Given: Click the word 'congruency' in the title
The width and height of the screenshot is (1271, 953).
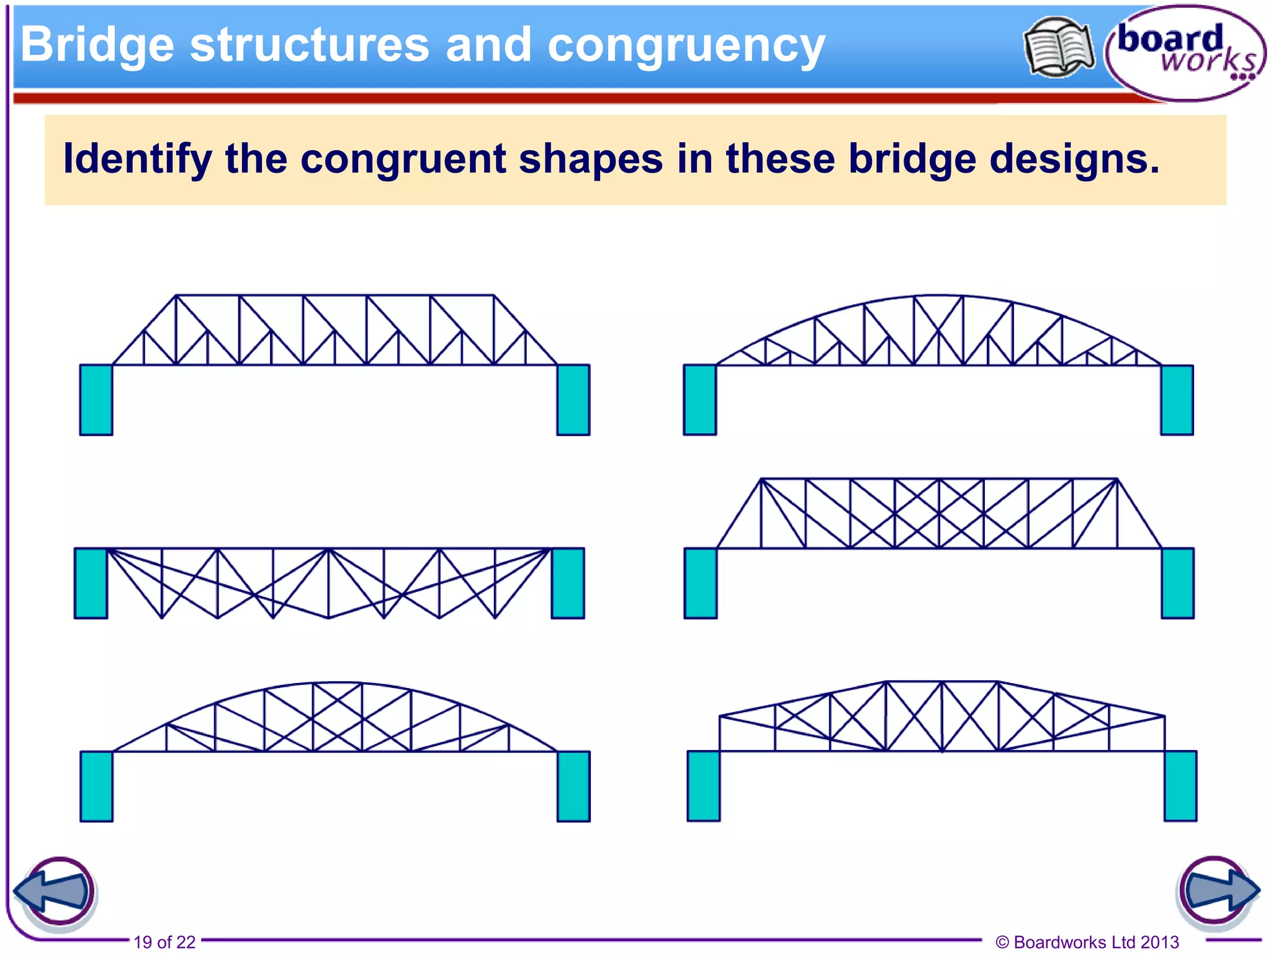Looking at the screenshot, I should [x=686, y=46].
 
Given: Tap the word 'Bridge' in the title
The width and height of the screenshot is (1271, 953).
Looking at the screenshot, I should [x=97, y=46].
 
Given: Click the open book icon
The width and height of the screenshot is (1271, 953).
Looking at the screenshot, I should [x=1059, y=47].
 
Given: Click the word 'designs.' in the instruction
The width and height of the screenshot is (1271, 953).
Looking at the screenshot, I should [x=1074, y=159].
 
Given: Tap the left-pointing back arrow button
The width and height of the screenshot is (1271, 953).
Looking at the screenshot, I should [x=56, y=892].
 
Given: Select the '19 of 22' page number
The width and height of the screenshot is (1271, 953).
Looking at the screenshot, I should [x=164, y=942].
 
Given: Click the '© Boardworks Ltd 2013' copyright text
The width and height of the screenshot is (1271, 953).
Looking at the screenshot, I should [x=1087, y=942].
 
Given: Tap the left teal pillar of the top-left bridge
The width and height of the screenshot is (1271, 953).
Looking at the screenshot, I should [x=96, y=400].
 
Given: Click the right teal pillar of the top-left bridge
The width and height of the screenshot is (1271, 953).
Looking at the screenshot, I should [x=573, y=400].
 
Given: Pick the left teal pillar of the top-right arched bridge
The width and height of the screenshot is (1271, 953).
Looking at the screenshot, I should [x=700, y=400].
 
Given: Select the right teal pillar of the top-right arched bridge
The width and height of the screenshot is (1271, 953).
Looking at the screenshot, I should [x=1177, y=400].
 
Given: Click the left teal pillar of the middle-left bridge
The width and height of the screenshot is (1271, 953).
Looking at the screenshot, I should [x=91, y=583].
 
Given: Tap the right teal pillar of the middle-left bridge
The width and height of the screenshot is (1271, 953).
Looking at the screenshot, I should [x=568, y=583].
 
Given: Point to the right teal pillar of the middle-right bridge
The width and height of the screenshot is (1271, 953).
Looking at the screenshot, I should [x=1178, y=583].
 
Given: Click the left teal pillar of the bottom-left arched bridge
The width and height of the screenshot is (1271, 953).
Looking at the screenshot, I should [x=96, y=786].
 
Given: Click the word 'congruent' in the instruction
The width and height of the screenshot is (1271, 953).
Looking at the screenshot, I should [x=403, y=159].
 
